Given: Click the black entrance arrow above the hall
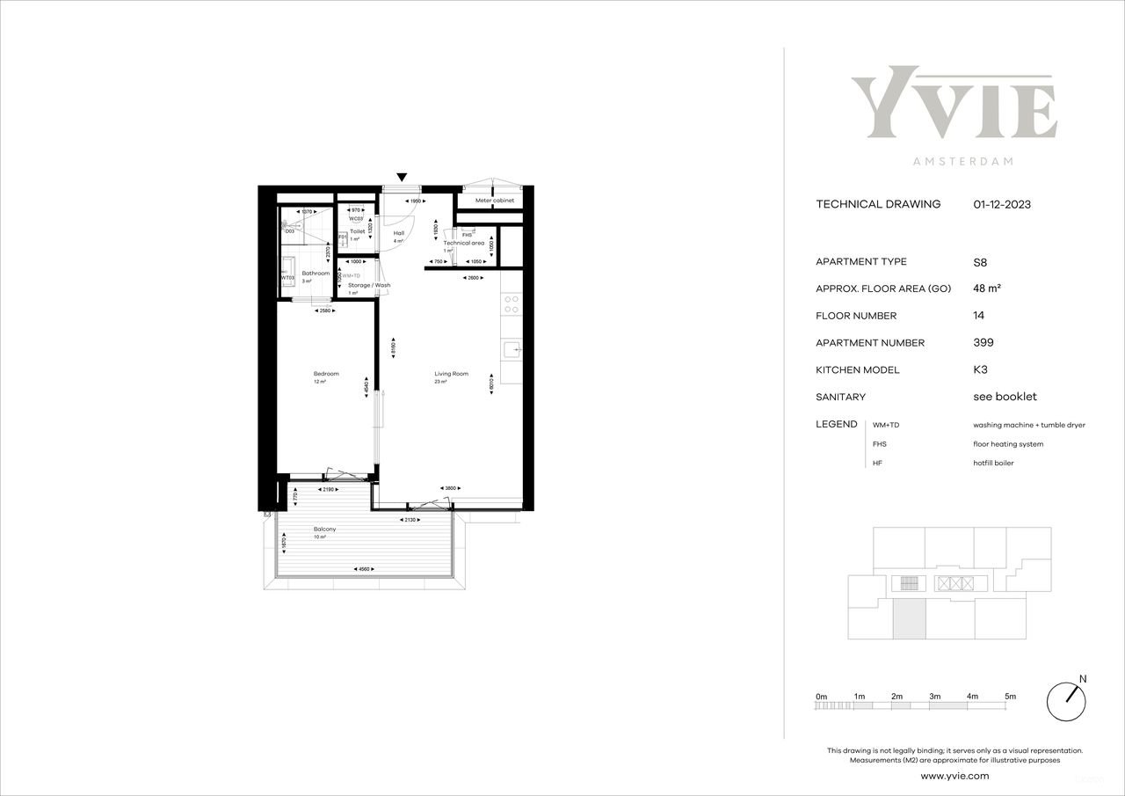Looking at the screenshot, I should pyautogui.click(x=402, y=177).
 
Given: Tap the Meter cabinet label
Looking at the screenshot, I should pyautogui.click(x=495, y=201).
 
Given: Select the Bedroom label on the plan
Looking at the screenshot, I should pyautogui.click(x=325, y=374).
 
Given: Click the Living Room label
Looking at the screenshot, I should pyautogui.click(x=451, y=374).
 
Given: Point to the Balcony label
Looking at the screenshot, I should pyautogui.click(x=324, y=529).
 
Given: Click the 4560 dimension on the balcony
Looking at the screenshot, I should pyautogui.click(x=364, y=569).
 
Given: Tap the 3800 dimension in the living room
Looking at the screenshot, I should pyautogui.click(x=450, y=489).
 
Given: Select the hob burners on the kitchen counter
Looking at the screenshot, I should pyautogui.click(x=512, y=304).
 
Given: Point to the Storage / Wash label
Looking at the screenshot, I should pyautogui.click(x=369, y=285).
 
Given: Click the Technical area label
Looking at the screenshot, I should pyautogui.click(x=463, y=243).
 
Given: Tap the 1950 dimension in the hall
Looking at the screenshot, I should pyautogui.click(x=415, y=202).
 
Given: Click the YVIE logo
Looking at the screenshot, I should pyautogui.click(x=954, y=103).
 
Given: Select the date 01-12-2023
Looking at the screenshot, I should pyautogui.click(x=1002, y=204).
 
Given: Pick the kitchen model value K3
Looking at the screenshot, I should pyautogui.click(x=980, y=370).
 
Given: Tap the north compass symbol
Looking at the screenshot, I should pyautogui.click(x=1066, y=701).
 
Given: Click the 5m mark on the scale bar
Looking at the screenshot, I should pyautogui.click(x=1011, y=697).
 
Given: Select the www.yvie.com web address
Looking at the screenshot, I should pyautogui.click(x=954, y=776).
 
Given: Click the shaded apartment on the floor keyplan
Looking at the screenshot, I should pyautogui.click(x=910, y=621).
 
